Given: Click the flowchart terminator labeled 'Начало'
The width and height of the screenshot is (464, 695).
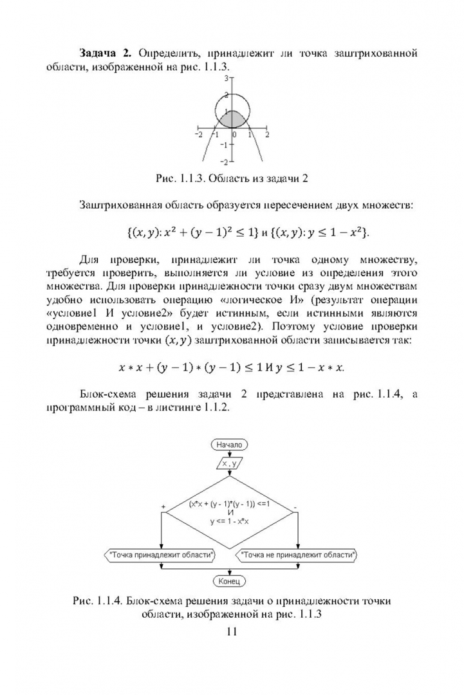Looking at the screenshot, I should click(229, 445).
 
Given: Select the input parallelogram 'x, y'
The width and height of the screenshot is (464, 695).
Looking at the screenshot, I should click(229, 463).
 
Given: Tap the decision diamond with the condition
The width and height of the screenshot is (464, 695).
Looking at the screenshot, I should click(229, 508).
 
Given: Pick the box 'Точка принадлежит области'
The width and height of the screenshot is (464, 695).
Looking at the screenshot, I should click(161, 554).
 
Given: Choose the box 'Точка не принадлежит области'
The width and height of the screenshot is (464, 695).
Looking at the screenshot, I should click(297, 554).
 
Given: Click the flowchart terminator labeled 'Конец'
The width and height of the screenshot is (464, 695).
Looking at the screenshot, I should click(229, 581).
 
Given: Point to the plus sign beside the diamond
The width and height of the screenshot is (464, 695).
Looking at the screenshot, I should click(163, 507).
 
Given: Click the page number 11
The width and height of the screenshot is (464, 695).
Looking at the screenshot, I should click(232, 631).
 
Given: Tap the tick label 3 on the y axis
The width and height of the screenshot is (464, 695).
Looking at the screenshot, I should click(227, 78).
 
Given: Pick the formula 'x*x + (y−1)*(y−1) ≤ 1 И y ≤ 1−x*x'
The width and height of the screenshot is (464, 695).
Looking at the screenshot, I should click(232, 367).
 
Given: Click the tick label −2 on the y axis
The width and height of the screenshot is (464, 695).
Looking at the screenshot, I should click(225, 161).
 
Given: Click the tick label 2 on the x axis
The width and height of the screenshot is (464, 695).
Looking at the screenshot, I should click(266, 135).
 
